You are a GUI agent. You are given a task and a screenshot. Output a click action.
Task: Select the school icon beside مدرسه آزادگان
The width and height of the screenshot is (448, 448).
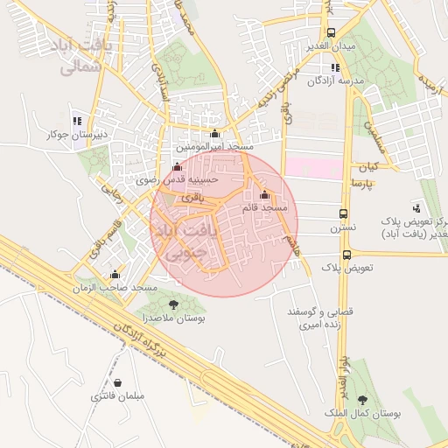334,67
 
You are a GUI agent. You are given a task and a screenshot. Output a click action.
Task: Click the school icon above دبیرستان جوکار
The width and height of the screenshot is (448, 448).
78,121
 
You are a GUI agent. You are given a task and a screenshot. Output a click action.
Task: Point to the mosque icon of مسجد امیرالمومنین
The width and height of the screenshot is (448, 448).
215,134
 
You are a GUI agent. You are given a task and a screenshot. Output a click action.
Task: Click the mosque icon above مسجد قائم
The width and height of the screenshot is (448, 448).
265,194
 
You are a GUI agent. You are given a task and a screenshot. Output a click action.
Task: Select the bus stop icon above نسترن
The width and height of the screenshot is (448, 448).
343,213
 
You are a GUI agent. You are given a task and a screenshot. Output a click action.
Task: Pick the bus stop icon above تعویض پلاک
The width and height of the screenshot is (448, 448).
347,255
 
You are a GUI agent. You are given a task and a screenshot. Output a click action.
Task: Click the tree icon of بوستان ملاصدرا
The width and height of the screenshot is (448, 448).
172,304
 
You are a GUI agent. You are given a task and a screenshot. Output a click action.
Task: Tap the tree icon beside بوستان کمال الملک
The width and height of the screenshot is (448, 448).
362,401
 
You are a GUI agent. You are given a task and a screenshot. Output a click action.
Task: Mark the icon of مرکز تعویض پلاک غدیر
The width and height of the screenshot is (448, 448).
416,208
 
